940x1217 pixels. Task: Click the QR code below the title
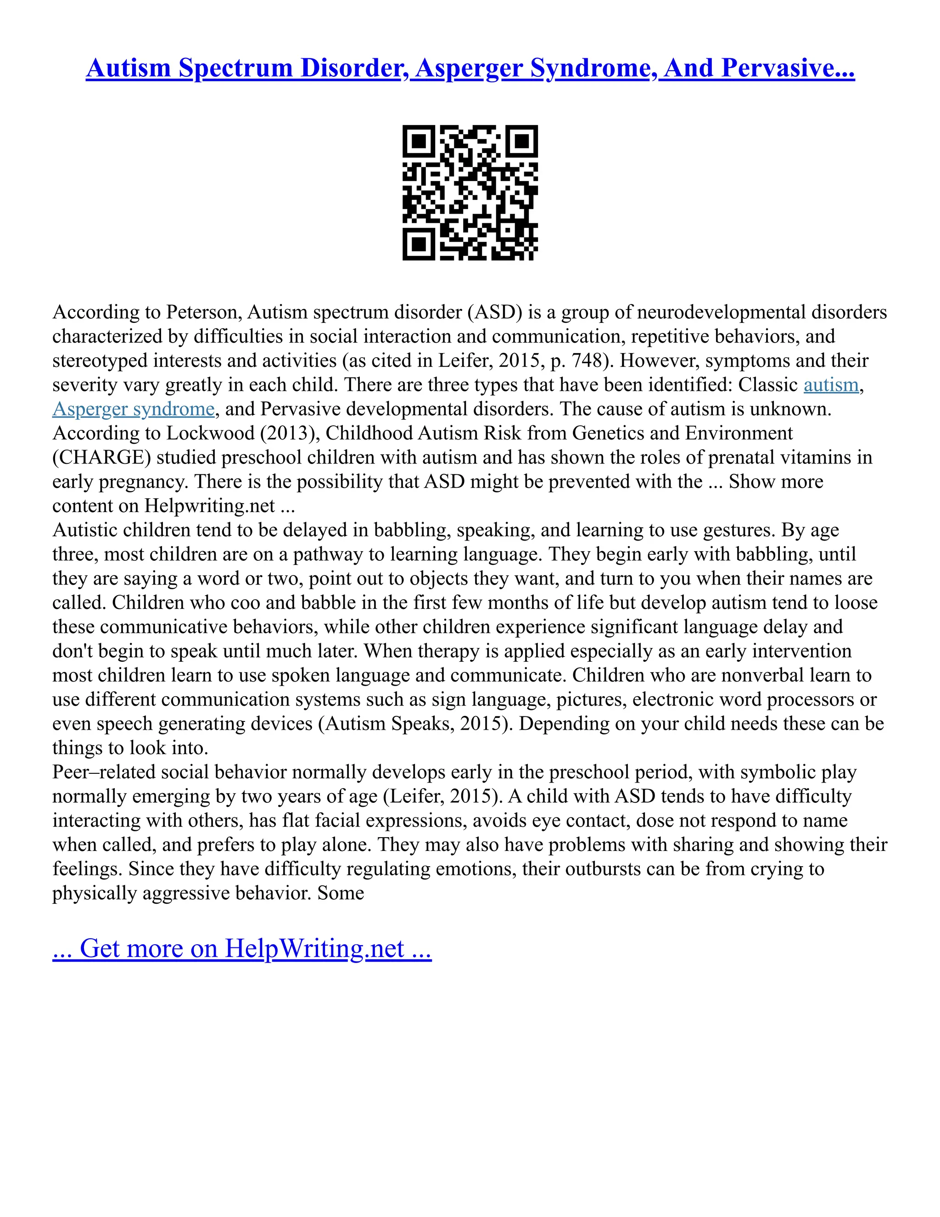[470, 192]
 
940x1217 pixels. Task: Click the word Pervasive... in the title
[788, 68]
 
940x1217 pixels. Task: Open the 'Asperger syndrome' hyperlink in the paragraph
[133, 409]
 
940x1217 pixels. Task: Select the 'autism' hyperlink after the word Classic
[831, 385]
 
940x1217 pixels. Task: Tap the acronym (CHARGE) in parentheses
[101, 457]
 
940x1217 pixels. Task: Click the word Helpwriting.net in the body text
[209, 506]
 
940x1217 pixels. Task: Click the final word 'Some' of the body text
[341, 893]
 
